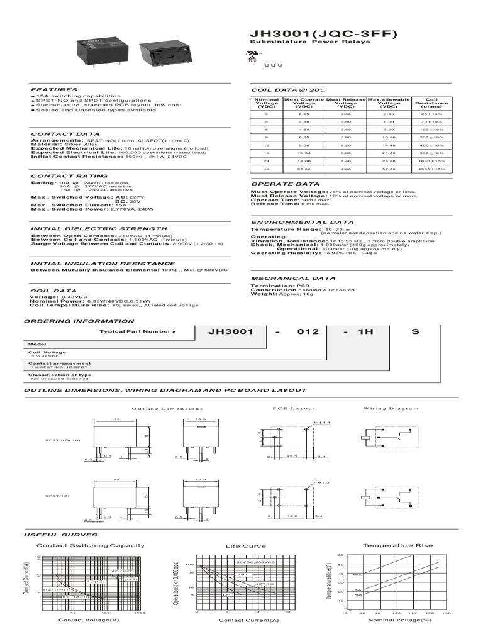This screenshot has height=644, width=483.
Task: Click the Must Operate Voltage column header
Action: click(304, 103)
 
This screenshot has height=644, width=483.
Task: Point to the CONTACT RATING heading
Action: click(69, 176)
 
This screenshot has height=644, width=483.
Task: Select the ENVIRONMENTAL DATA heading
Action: click(293, 223)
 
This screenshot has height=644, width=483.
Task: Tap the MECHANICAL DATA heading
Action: click(289, 277)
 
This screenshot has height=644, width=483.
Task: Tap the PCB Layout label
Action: click(287, 408)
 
